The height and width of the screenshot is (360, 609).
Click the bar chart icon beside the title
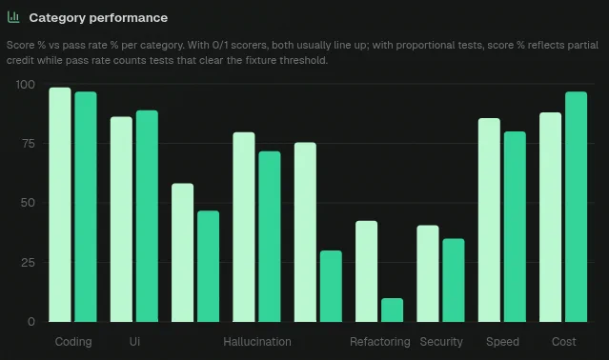13,17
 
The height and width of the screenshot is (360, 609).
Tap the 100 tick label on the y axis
25,85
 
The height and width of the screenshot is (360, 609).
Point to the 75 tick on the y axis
29,144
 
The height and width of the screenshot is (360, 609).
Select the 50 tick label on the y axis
28,203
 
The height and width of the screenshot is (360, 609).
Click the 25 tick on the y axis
28,263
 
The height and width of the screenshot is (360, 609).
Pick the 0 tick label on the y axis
31,322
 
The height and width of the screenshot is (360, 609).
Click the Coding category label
73,342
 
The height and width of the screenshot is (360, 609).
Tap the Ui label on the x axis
134,342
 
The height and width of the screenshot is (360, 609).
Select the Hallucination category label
257,342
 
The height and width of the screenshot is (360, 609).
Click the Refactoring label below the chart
380,342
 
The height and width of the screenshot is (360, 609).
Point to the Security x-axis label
441,342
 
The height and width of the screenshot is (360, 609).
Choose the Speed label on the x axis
502,342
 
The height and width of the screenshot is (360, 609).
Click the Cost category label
564,342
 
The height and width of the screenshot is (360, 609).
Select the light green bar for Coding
60,205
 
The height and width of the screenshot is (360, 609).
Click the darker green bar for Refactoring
393,310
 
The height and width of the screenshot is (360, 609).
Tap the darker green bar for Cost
576,207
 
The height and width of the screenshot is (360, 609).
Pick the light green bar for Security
428,273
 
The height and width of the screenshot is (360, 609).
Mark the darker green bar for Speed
515,227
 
